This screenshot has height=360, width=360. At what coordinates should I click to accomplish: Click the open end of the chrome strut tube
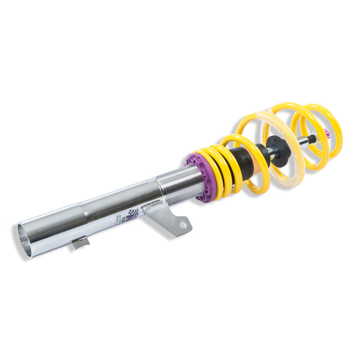[x=25, y=240]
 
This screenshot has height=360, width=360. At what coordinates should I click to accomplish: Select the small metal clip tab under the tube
[x=80, y=243]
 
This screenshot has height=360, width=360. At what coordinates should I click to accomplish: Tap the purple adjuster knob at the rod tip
[x=326, y=133]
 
